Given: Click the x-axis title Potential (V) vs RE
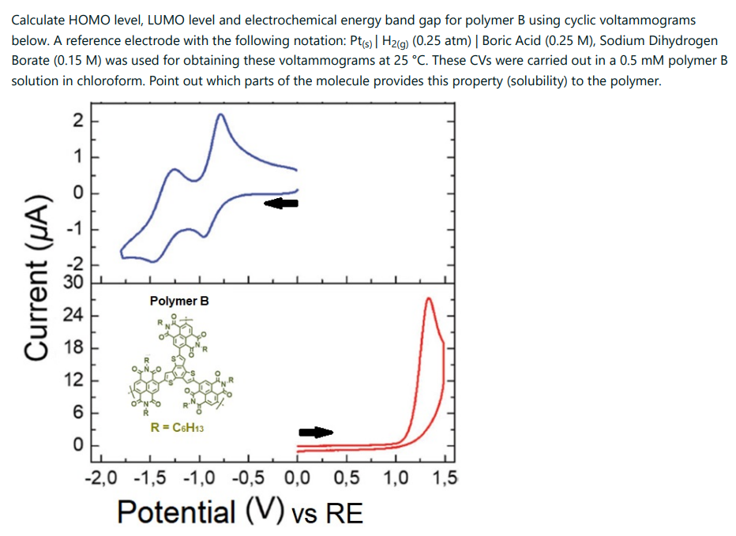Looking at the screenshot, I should [x=240, y=512].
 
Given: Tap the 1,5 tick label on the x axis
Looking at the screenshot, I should [x=445, y=478].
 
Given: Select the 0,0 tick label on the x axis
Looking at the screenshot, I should [x=297, y=478].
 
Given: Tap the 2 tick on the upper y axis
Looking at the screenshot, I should [x=77, y=121].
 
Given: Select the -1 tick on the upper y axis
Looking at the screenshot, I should [x=75, y=229].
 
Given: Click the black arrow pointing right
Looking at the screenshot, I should [x=316, y=432].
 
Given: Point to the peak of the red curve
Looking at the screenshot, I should [x=428, y=299].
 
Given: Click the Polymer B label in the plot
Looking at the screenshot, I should [x=179, y=301].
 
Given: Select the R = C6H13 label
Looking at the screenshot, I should [x=178, y=428].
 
